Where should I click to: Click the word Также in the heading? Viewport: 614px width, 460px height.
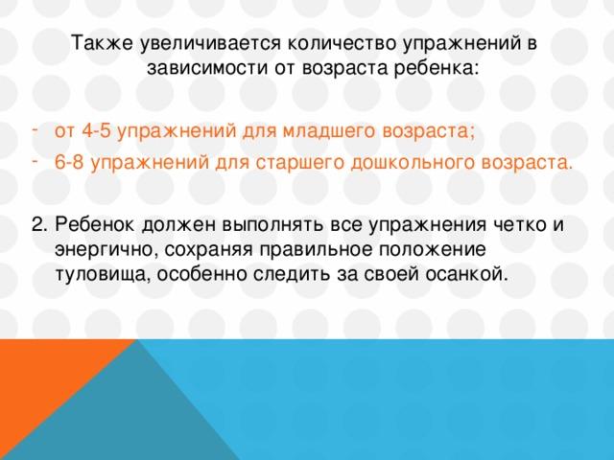(103, 42)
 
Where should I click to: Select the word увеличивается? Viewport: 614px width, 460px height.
(211, 42)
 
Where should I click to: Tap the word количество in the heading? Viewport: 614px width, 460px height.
(342, 42)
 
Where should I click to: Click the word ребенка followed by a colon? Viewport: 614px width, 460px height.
(436, 68)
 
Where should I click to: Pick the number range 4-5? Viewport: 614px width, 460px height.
(96, 130)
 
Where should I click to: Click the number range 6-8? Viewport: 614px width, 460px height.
(69, 162)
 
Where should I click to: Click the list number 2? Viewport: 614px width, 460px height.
(39, 225)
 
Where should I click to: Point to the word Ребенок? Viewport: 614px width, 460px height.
(95, 225)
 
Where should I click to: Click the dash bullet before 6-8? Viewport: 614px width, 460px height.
(35, 161)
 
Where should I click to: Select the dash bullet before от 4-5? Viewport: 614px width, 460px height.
(35, 129)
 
